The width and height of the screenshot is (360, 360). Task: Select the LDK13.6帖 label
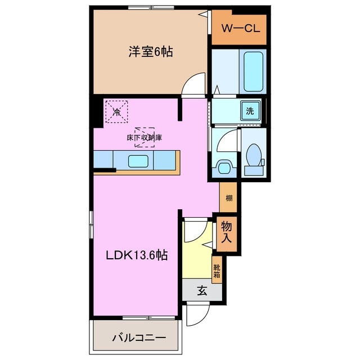137,255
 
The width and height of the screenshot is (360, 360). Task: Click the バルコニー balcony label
138,338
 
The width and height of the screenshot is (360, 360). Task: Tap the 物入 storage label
226,232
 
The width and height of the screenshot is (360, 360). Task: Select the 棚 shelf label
228,197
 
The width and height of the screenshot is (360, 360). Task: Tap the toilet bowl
253,155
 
